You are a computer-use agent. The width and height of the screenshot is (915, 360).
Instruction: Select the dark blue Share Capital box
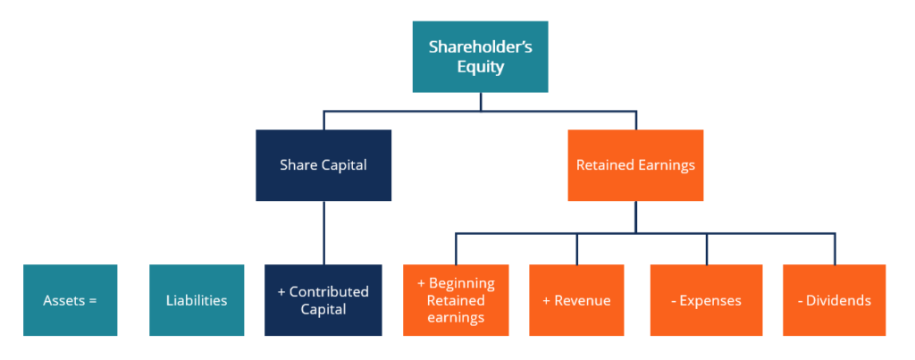[x=323, y=165]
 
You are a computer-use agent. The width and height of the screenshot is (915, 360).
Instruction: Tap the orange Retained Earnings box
[x=635, y=165]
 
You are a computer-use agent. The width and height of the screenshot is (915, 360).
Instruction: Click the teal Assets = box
[x=70, y=300]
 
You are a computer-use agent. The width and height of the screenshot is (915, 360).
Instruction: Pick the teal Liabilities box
[x=197, y=300]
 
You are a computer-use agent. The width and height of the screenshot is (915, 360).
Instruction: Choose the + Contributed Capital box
[x=323, y=300]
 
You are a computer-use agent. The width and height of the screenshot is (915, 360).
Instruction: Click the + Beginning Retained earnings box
[x=456, y=300]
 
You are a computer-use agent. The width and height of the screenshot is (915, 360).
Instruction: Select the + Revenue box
[x=576, y=300]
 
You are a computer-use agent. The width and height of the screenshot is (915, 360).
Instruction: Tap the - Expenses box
[x=706, y=300]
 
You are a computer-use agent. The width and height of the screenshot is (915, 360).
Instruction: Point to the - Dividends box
[x=835, y=300]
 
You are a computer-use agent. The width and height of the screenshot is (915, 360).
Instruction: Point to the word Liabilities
[x=197, y=300]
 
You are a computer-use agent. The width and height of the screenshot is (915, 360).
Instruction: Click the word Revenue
[x=582, y=300]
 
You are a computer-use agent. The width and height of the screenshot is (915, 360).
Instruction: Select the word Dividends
[x=839, y=300]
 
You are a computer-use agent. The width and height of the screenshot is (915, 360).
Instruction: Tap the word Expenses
[x=710, y=300]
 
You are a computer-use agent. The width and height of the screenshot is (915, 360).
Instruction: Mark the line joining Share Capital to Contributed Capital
[x=323, y=232]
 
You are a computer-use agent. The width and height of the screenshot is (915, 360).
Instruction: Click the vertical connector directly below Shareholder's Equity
[x=480, y=102]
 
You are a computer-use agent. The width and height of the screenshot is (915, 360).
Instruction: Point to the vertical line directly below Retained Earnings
[x=635, y=217]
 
